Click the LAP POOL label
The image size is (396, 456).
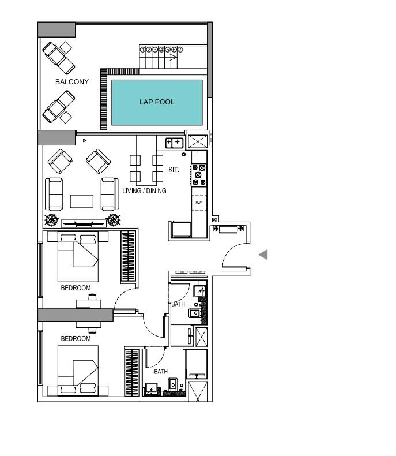(x=157, y=102)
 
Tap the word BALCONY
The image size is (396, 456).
(x=72, y=82)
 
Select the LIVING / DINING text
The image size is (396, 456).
(x=144, y=191)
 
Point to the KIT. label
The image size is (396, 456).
(x=174, y=170)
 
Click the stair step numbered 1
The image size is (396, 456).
(x=142, y=50)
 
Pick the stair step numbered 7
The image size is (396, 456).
(x=180, y=50)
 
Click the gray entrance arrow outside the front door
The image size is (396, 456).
(x=263, y=255)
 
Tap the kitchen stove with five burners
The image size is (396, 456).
(x=199, y=175)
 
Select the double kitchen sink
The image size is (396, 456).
(x=174, y=143)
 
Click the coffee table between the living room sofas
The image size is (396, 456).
(x=82, y=201)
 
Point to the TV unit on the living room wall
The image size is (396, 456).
(x=84, y=223)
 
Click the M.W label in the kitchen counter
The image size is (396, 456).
(x=199, y=203)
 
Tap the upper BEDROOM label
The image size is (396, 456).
(x=76, y=288)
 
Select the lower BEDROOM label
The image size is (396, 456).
(x=76, y=338)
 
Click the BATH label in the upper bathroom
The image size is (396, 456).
(x=178, y=304)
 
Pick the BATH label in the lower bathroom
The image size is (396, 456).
(x=161, y=372)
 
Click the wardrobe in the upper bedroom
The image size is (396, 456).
(x=128, y=256)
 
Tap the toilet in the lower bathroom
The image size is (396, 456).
(x=173, y=384)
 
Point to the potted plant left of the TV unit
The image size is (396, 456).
(x=51, y=220)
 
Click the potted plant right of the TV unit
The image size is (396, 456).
(x=114, y=220)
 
